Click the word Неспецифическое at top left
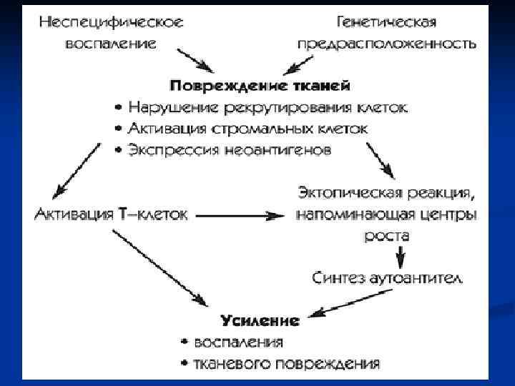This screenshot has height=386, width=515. (x=111, y=21)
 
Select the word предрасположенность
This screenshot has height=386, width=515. (x=387, y=44)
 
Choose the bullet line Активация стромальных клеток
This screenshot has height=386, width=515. (x=247, y=129)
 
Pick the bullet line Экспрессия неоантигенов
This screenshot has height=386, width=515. (x=229, y=151)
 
